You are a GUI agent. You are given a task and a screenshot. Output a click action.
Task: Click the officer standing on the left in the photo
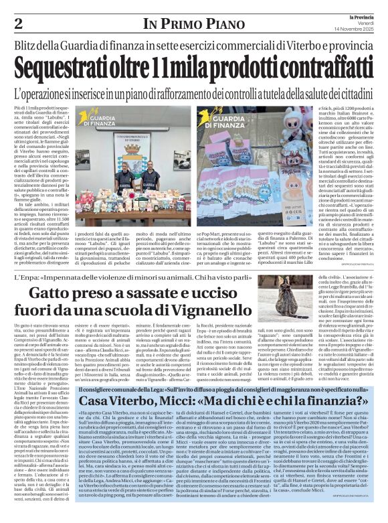coord(110,188)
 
